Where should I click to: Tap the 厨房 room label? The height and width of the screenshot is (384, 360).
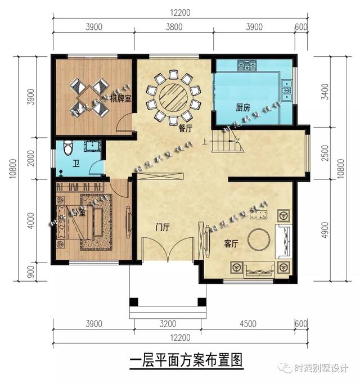[242, 107]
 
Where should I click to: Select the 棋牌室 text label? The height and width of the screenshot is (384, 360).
[121, 100]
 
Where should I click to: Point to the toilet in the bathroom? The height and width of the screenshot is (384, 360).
[67, 147]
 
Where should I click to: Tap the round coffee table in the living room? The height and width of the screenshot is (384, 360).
[259, 240]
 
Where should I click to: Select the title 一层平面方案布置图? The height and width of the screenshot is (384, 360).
[186, 360]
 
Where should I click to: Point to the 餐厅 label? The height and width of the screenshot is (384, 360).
[185, 128]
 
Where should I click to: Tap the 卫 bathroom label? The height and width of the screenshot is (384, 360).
[75, 164]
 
